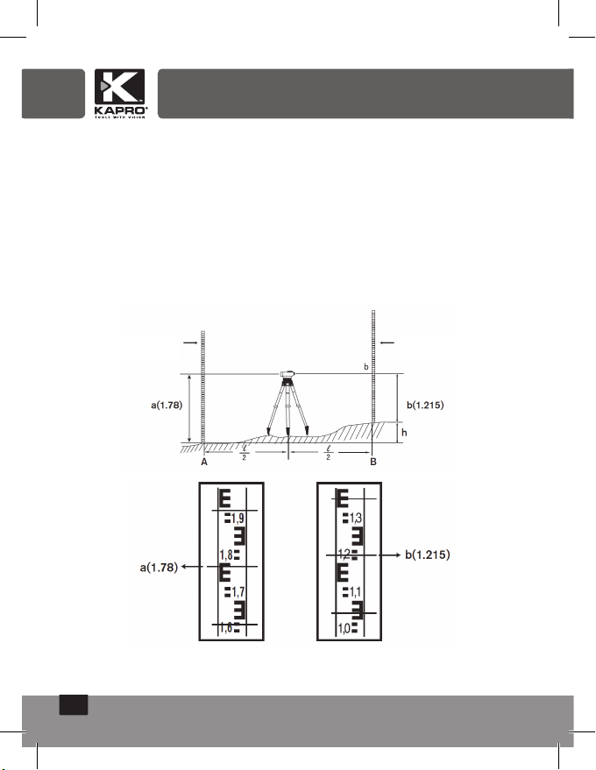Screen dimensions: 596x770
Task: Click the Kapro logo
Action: [x=120, y=94]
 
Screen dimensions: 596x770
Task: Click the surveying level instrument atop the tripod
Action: [x=287, y=375]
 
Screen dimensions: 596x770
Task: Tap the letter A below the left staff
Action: [x=204, y=463]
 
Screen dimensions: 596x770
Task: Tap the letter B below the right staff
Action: [x=373, y=463]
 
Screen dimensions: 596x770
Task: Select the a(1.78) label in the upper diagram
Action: [x=167, y=405]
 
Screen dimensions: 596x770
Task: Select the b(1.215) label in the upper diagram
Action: [x=425, y=405]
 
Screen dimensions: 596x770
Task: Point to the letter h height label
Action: [x=404, y=433]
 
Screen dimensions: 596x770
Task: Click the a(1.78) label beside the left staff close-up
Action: [x=159, y=568]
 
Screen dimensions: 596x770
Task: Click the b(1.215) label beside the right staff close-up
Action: [x=428, y=555]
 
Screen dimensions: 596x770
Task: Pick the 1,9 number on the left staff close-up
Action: [x=238, y=518]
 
